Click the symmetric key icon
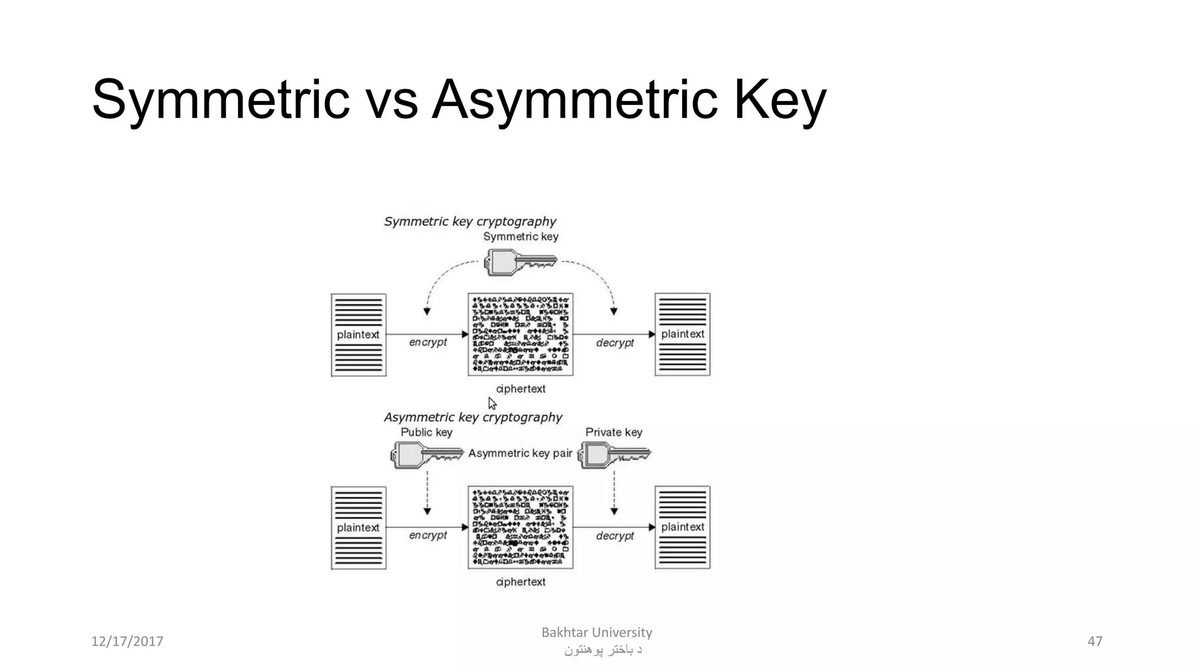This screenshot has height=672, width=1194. [x=521, y=262]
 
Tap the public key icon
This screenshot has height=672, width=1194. [x=427, y=454]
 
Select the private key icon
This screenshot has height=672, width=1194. [x=614, y=454]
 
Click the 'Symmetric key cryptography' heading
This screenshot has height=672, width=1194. [x=470, y=222]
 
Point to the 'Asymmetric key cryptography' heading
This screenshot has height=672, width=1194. [x=473, y=418]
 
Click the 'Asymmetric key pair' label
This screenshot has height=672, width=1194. [x=520, y=453]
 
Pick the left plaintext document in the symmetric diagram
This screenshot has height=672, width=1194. [x=359, y=335]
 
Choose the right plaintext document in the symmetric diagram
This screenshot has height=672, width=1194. [x=682, y=334]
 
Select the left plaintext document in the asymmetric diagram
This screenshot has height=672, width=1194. [x=359, y=527]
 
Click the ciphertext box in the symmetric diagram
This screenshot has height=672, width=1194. [x=521, y=334]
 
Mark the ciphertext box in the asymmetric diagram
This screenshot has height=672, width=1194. [x=521, y=527]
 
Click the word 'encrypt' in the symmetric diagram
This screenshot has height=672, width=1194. [x=428, y=342]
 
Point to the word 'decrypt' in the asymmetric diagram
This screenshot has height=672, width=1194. [x=614, y=535]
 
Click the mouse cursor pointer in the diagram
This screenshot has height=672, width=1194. [x=491, y=402]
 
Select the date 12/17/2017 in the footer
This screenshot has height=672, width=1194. [x=127, y=642]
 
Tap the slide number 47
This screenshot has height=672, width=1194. [x=1095, y=642]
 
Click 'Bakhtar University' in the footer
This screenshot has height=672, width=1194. [x=596, y=632]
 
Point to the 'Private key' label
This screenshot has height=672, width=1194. [x=613, y=432]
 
